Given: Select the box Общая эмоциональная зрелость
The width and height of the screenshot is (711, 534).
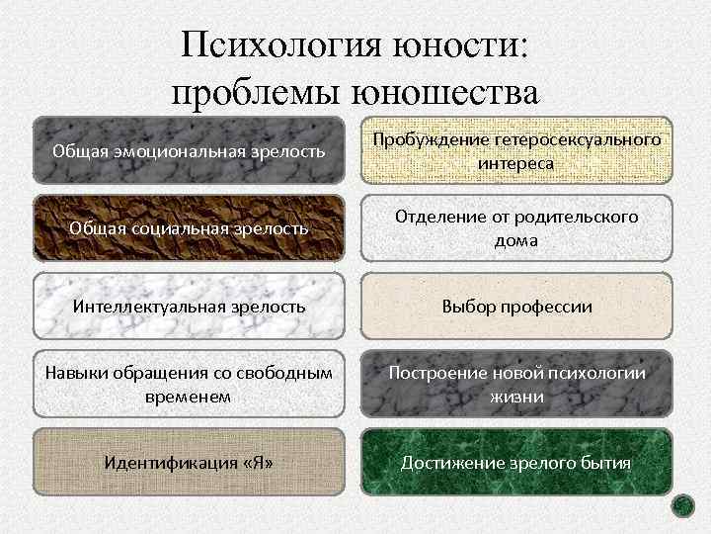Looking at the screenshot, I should point(189,150).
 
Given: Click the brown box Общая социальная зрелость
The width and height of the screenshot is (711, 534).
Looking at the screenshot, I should point(189,228).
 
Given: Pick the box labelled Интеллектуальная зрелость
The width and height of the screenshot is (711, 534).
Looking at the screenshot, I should point(189,307).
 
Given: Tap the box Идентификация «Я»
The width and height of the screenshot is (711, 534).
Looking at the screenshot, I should point(189,463).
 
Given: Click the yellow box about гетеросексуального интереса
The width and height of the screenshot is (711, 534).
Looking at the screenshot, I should point(515,150).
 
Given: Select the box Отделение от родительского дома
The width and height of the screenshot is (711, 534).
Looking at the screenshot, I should point(515,228).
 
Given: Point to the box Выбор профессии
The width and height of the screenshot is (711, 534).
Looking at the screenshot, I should point(515,307).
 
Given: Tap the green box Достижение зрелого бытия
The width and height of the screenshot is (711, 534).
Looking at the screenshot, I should point(515,463).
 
